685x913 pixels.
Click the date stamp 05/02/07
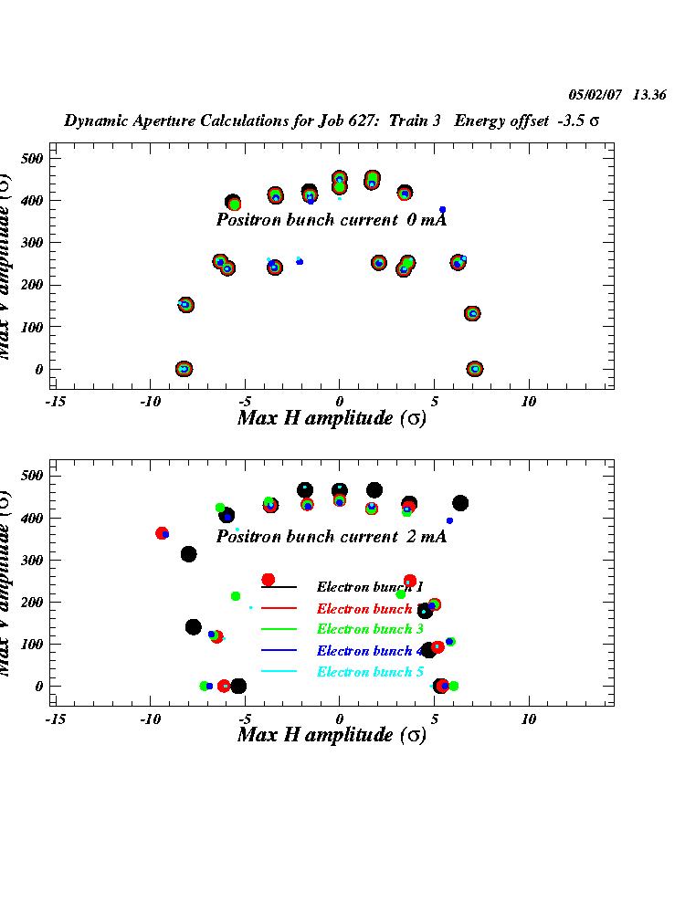tap(595, 94)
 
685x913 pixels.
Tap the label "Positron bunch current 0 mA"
tap(331, 220)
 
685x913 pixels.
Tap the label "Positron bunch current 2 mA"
tap(331, 537)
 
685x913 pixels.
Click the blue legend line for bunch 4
tap(279, 651)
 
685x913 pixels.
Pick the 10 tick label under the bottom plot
tap(528, 719)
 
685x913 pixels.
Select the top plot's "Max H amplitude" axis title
tap(331, 419)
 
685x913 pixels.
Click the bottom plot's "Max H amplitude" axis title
tap(331, 735)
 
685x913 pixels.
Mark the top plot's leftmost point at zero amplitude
tap(184, 369)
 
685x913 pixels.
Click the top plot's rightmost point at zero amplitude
tap(474, 369)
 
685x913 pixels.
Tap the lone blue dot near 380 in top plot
tap(443, 210)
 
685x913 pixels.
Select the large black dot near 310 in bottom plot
tap(189, 554)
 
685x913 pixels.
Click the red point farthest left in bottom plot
tap(162, 533)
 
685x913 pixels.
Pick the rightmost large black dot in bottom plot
tap(460, 503)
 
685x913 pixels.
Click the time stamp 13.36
tap(649, 94)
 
